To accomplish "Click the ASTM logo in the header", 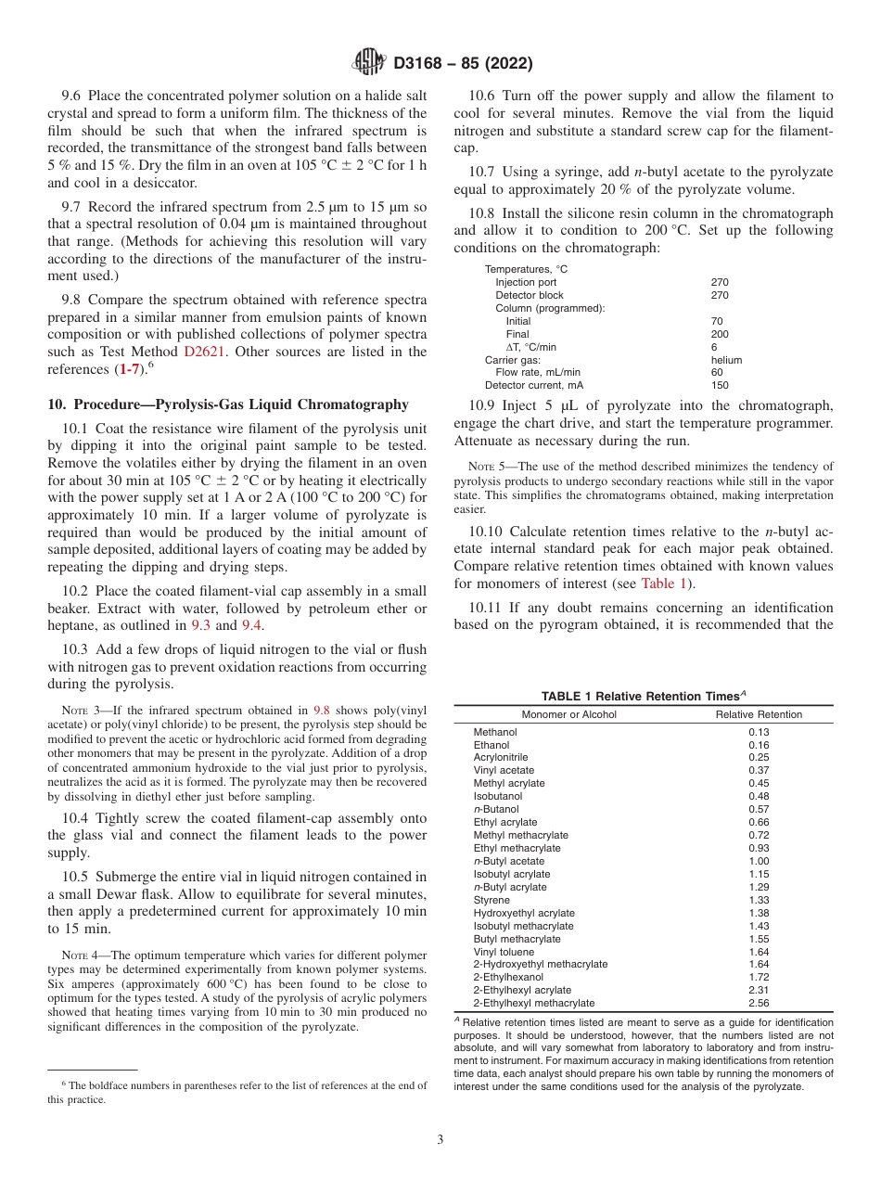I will [369, 64].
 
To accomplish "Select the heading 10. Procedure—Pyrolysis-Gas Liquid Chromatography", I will [227, 404].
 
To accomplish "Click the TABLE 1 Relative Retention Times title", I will [643, 696].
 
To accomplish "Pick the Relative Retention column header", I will [759, 714].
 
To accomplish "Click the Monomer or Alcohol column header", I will [568, 714].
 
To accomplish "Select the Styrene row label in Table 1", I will [492, 900].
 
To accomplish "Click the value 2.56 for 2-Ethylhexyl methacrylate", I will [759, 1003].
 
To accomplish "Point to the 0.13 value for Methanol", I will [759, 732].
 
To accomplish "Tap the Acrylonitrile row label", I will [501, 757].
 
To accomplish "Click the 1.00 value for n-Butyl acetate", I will [759, 861].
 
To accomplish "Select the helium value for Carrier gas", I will [726, 360].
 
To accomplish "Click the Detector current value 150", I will [720, 385].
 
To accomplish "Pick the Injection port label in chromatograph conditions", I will [526, 282].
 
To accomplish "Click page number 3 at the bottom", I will [440, 1139].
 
